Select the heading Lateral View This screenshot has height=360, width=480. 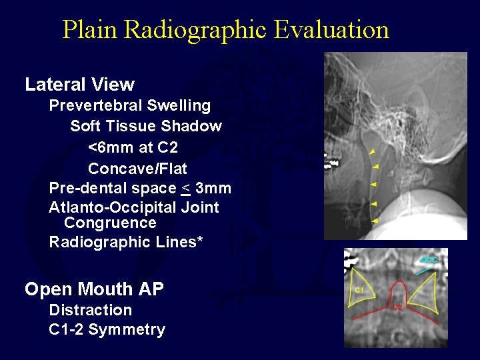click(79, 85)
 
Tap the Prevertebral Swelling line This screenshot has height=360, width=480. click(130, 105)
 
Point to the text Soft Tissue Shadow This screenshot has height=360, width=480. click(146, 126)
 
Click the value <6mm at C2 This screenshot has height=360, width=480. click(133, 147)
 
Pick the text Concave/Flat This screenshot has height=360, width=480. click(137, 168)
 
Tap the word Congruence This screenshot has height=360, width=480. click(110, 223)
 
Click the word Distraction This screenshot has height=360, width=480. click(91, 310)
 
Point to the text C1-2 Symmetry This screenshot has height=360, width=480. click(107, 330)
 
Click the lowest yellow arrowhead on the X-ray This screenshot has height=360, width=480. click(374, 220)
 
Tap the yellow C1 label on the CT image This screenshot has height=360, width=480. click(359, 290)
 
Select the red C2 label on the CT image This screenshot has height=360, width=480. click(397, 307)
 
